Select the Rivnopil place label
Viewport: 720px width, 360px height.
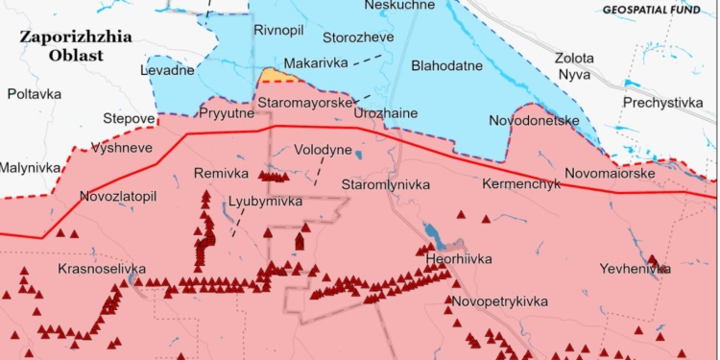(x=277, y=31)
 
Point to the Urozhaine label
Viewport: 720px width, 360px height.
(x=385, y=113)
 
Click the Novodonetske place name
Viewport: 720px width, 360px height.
(x=534, y=121)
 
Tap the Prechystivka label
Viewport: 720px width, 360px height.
(x=661, y=103)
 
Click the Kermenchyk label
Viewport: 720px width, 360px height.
(x=516, y=182)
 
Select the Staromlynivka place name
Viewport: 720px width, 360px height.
(x=387, y=183)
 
